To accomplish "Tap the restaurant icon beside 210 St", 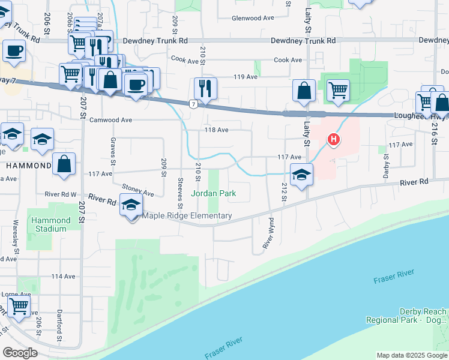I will [205, 88].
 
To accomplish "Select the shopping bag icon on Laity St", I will [304, 91].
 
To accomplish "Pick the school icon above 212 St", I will [301, 175].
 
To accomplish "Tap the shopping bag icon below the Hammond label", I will [64, 164].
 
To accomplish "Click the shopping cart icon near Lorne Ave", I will [19, 305].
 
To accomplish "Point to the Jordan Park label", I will [213, 194].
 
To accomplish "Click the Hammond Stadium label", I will [50, 224].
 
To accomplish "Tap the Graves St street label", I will [112, 150].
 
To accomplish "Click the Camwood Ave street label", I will [110, 120].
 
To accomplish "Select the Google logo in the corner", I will [20, 353].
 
